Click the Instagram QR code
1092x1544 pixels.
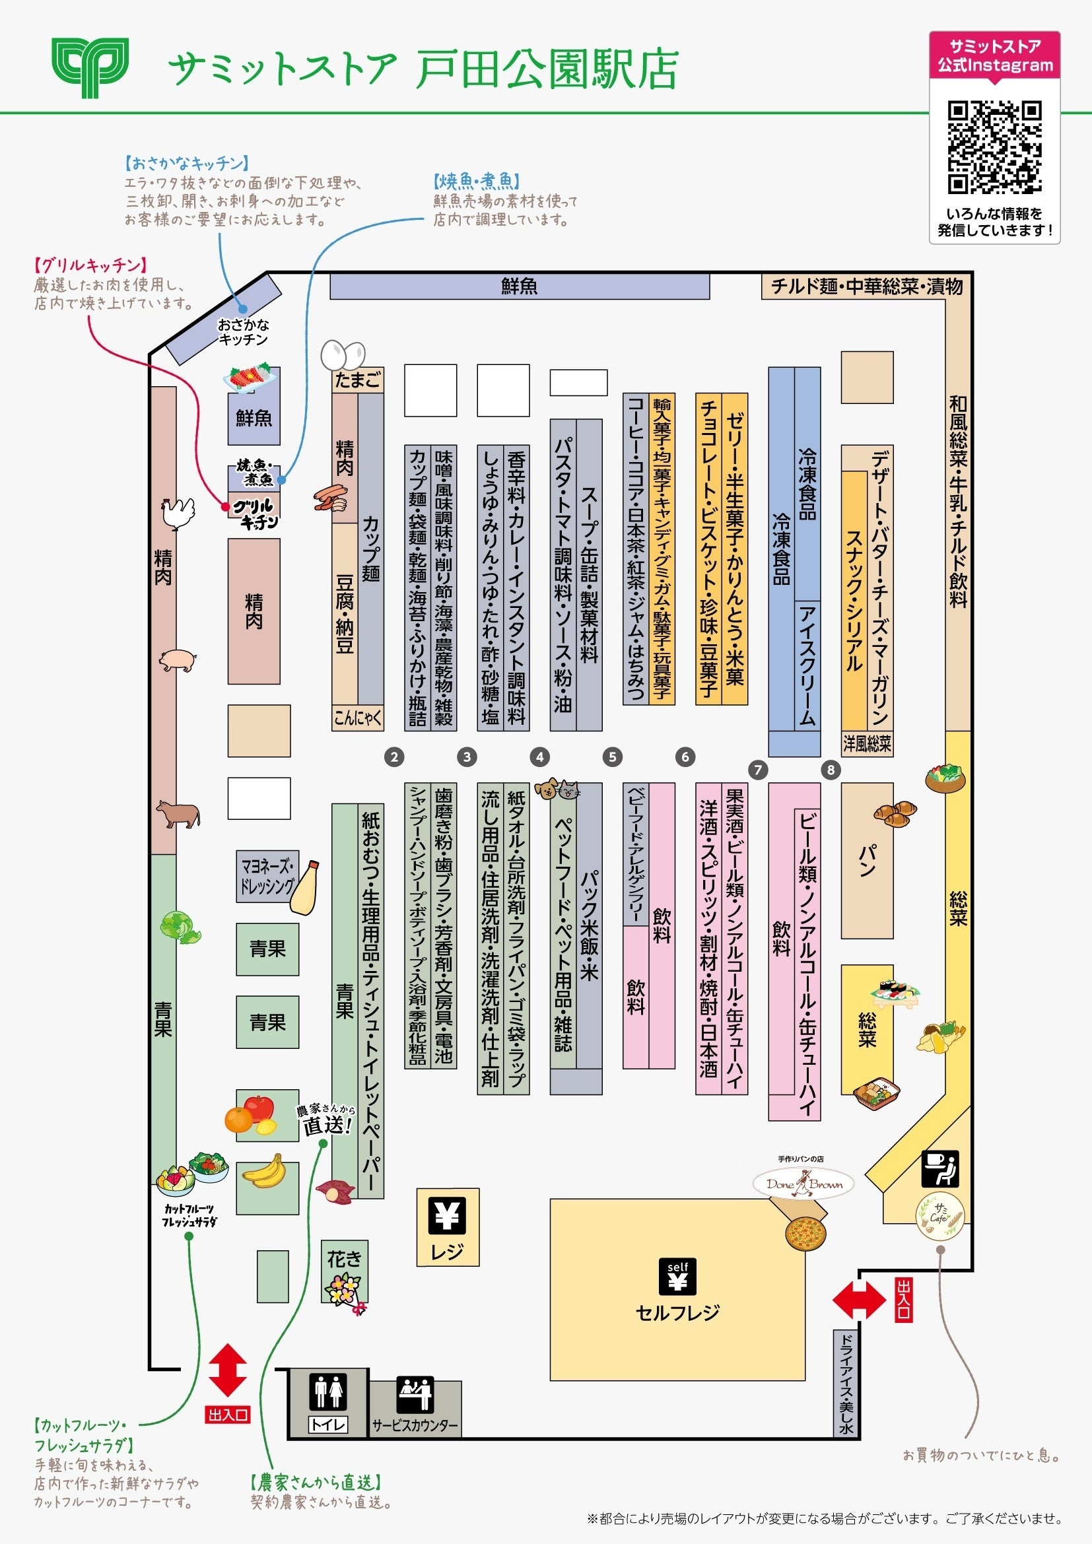pos(994,147)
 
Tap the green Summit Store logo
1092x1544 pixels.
pos(90,67)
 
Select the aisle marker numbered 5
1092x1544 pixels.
pos(612,756)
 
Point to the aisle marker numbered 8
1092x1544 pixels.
pos(831,769)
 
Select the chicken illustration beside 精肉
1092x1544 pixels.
pos(178,514)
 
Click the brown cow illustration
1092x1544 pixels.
pos(178,814)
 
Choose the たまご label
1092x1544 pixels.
pos(358,381)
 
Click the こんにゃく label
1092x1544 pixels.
pos(358,718)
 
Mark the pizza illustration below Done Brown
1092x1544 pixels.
pos(805,1232)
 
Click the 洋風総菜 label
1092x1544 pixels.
pos(867,744)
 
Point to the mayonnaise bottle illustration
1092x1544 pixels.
pos(304,888)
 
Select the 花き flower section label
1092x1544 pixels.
pos(344,1259)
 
